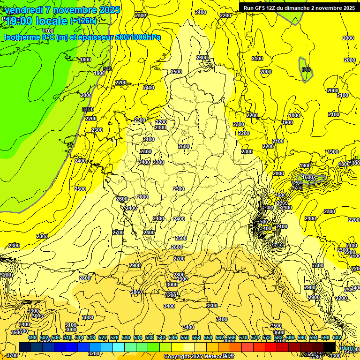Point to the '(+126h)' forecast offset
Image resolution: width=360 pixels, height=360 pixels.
pos(83,21)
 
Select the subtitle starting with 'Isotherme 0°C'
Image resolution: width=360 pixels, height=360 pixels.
pos(82,37)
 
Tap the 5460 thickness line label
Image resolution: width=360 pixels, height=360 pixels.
pos(88,109)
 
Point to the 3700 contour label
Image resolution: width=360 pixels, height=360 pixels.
pos(12,355)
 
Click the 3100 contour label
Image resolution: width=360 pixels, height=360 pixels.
pos(71,325)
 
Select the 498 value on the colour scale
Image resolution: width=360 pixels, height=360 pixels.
pos(32,337)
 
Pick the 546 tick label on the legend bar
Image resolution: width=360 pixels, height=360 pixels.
pos(173,337)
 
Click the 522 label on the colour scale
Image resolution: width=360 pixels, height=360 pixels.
pos(103,337)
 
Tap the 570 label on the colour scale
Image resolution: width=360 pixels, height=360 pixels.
pos(243,337)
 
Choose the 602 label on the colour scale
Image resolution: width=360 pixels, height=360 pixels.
pos(337,337)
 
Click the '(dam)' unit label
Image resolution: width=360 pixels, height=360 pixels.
pos(347,347)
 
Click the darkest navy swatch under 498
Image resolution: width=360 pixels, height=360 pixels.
pos(25,347)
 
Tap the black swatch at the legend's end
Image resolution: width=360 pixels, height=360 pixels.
pos(330,347)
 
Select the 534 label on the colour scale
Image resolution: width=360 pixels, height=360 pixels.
pos(138,337)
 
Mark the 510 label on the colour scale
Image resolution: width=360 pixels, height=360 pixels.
pos(67,337)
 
